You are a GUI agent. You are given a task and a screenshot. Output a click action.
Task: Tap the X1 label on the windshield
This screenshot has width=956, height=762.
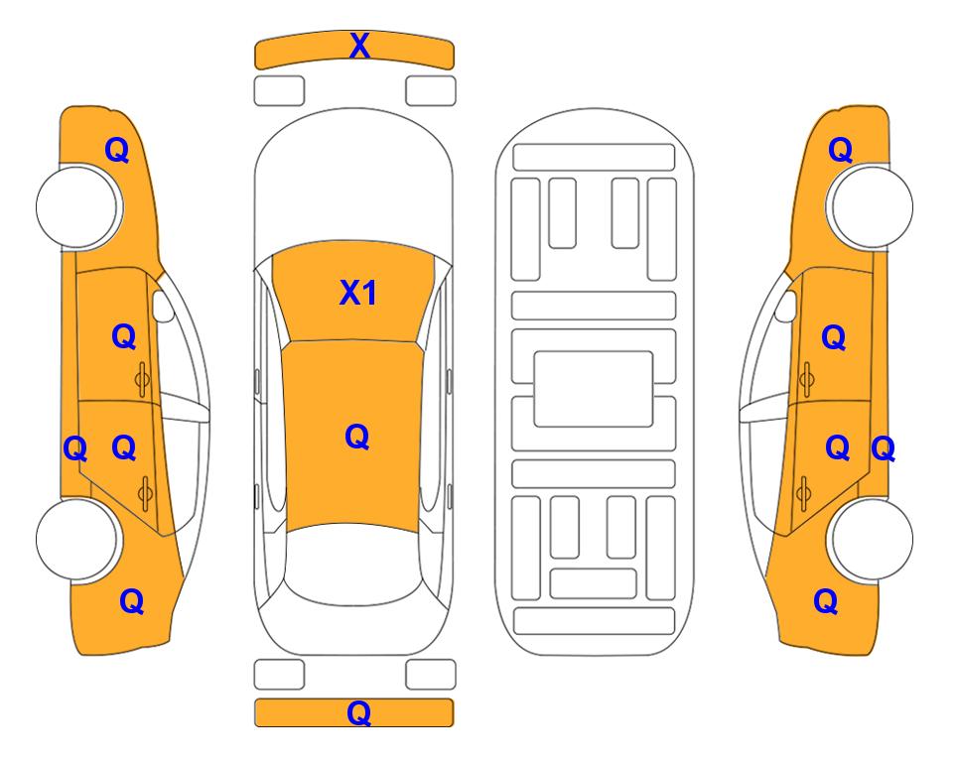point(358,293)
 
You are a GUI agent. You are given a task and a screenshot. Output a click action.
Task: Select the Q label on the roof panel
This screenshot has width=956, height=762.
point(357,437)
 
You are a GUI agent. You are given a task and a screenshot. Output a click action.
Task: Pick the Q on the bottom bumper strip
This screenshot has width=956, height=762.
point(359,712)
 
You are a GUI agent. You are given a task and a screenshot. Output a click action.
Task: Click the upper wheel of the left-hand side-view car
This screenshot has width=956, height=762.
point(76,207)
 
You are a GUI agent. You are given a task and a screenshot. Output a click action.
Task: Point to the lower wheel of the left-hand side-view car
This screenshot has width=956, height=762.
point(76,539)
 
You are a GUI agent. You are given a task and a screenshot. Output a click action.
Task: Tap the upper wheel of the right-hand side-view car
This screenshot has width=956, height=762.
point(872,206)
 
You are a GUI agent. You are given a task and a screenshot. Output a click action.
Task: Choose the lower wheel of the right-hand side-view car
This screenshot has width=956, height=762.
point(872,539)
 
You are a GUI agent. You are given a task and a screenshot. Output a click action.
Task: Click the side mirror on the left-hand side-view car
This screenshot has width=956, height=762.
point(162,306)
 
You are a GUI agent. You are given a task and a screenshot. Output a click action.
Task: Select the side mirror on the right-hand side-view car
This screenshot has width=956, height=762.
point(786,306)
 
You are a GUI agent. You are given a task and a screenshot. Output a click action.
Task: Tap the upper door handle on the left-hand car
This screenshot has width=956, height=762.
point(142,379)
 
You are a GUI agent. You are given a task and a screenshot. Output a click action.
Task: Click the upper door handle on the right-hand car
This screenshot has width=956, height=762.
point(806,379)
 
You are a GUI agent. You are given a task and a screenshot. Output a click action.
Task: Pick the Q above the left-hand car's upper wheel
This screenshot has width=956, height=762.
point(117,150)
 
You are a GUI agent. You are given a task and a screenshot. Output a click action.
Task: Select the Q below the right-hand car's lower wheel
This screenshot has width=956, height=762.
point(826,601)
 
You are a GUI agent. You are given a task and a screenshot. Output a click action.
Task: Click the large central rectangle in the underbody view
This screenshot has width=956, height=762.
point(594,389)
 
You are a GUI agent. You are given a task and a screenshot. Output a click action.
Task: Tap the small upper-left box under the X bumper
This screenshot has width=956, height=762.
point(279,91)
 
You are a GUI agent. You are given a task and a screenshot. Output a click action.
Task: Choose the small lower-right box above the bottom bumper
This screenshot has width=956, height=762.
point(431,675)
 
